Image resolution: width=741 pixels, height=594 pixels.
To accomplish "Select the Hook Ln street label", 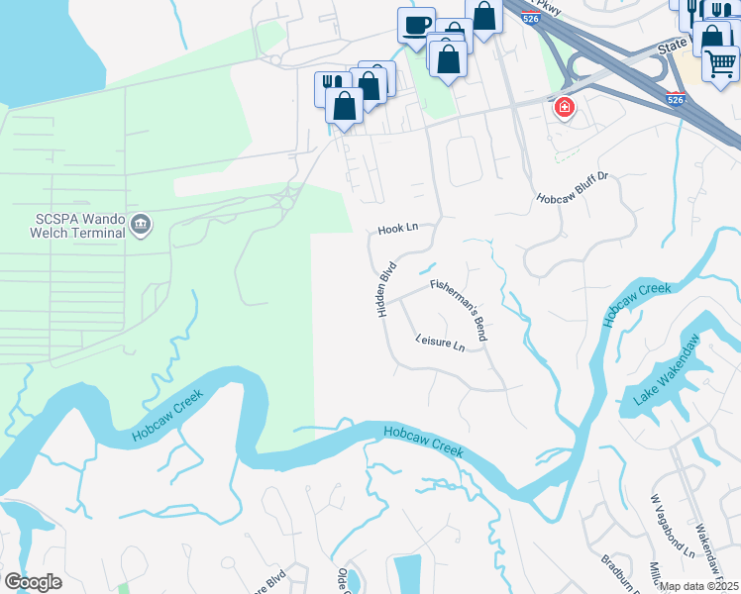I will coord(398,229).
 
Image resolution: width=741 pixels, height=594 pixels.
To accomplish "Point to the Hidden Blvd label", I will coord(386,289).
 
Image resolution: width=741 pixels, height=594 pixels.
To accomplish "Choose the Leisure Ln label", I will coord(440,345).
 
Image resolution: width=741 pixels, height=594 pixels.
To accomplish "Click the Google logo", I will coord(33,582).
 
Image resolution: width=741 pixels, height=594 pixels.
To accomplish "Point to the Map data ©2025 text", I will coord(699,586).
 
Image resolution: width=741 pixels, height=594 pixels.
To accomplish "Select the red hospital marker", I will coord(565,107).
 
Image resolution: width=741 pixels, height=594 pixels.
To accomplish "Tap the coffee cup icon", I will coord(416,24).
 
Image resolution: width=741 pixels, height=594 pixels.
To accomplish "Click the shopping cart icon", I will coord(720,62).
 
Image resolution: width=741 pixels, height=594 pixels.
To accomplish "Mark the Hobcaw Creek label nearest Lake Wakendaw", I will coord(636,305).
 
